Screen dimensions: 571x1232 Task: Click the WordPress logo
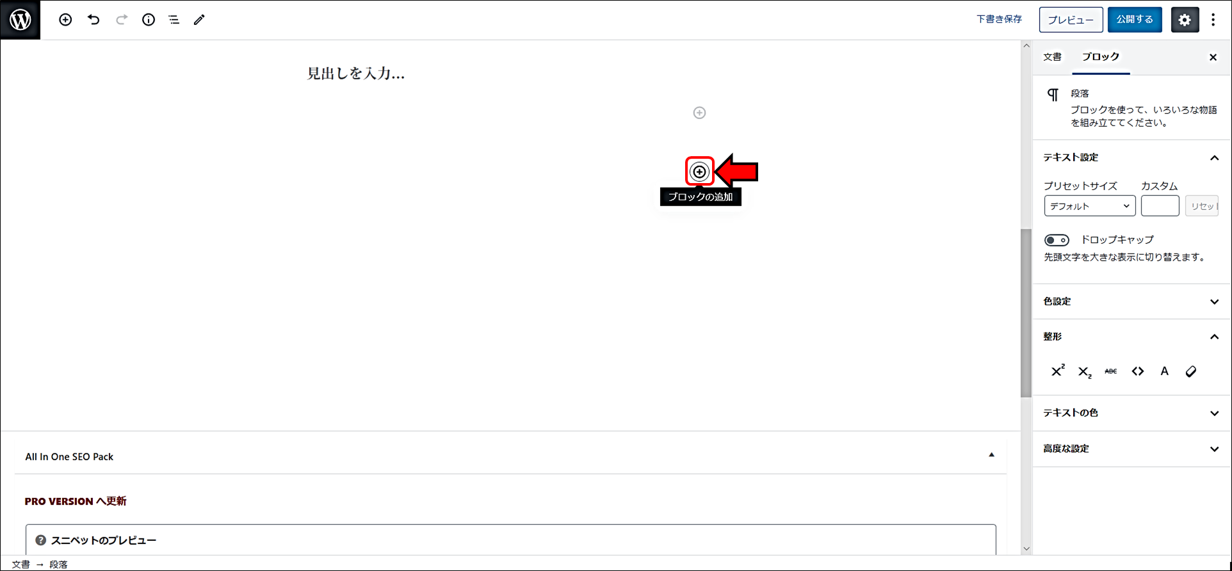coord(20,20)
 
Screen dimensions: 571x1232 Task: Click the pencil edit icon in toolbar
coord(199,20)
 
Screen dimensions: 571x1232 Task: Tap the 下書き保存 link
coord(999,19)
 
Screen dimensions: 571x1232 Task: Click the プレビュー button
coord(1071,20)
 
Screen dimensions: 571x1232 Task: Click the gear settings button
coord(1185,20)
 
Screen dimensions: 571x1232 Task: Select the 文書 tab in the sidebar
coord(1052,57)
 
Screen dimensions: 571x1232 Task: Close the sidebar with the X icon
coord(1213,57)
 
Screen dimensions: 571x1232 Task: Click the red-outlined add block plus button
coord(699,172)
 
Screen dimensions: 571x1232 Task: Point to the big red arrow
coord(737,172)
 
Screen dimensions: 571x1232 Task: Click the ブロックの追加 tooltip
coord(701,197)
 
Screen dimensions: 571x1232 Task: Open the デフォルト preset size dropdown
coord(1089,206)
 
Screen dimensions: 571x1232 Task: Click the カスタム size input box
coord(1160,206)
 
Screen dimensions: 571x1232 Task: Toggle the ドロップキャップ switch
coord(1057,241)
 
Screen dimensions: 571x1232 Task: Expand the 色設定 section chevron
coord(1214,302)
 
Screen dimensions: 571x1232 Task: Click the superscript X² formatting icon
coord(1057,371)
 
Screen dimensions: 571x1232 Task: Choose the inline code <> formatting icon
coord(1137,371)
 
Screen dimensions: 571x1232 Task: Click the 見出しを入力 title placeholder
coord(356,74)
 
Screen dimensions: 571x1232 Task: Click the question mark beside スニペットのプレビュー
coord(41,540)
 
